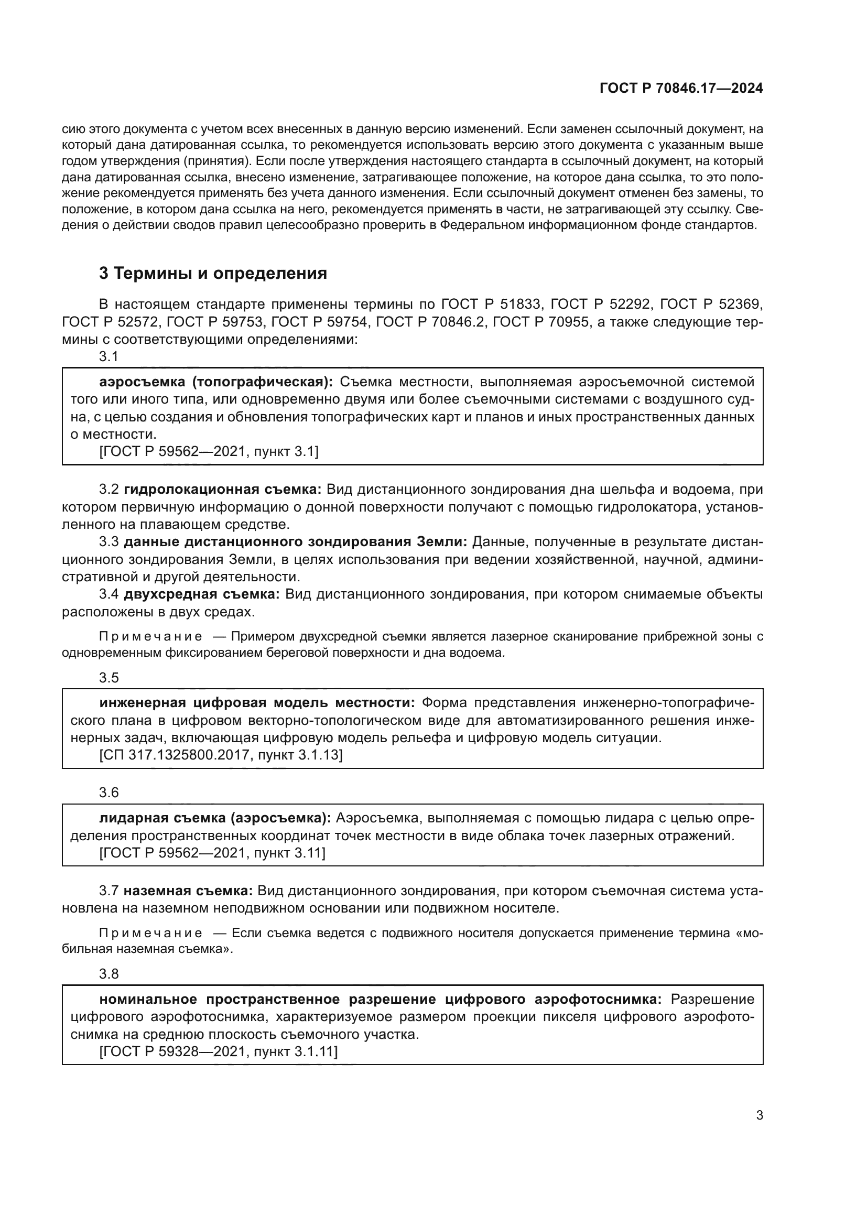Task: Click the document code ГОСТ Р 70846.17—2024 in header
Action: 681,89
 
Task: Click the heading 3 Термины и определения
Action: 213,274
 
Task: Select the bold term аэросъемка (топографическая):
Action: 215,382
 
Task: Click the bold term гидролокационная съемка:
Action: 223,489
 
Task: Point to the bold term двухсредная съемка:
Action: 202,594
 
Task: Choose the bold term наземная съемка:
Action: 189,891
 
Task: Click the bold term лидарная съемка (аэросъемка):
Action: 215,818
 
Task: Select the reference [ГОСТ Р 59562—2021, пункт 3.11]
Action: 212,853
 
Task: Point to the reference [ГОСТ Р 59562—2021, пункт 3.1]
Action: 209,452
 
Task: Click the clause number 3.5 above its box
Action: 109,678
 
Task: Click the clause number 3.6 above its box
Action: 109,793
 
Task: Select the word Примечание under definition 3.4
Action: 150,636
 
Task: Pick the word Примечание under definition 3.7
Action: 150,933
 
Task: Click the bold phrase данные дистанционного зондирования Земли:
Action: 295,542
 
